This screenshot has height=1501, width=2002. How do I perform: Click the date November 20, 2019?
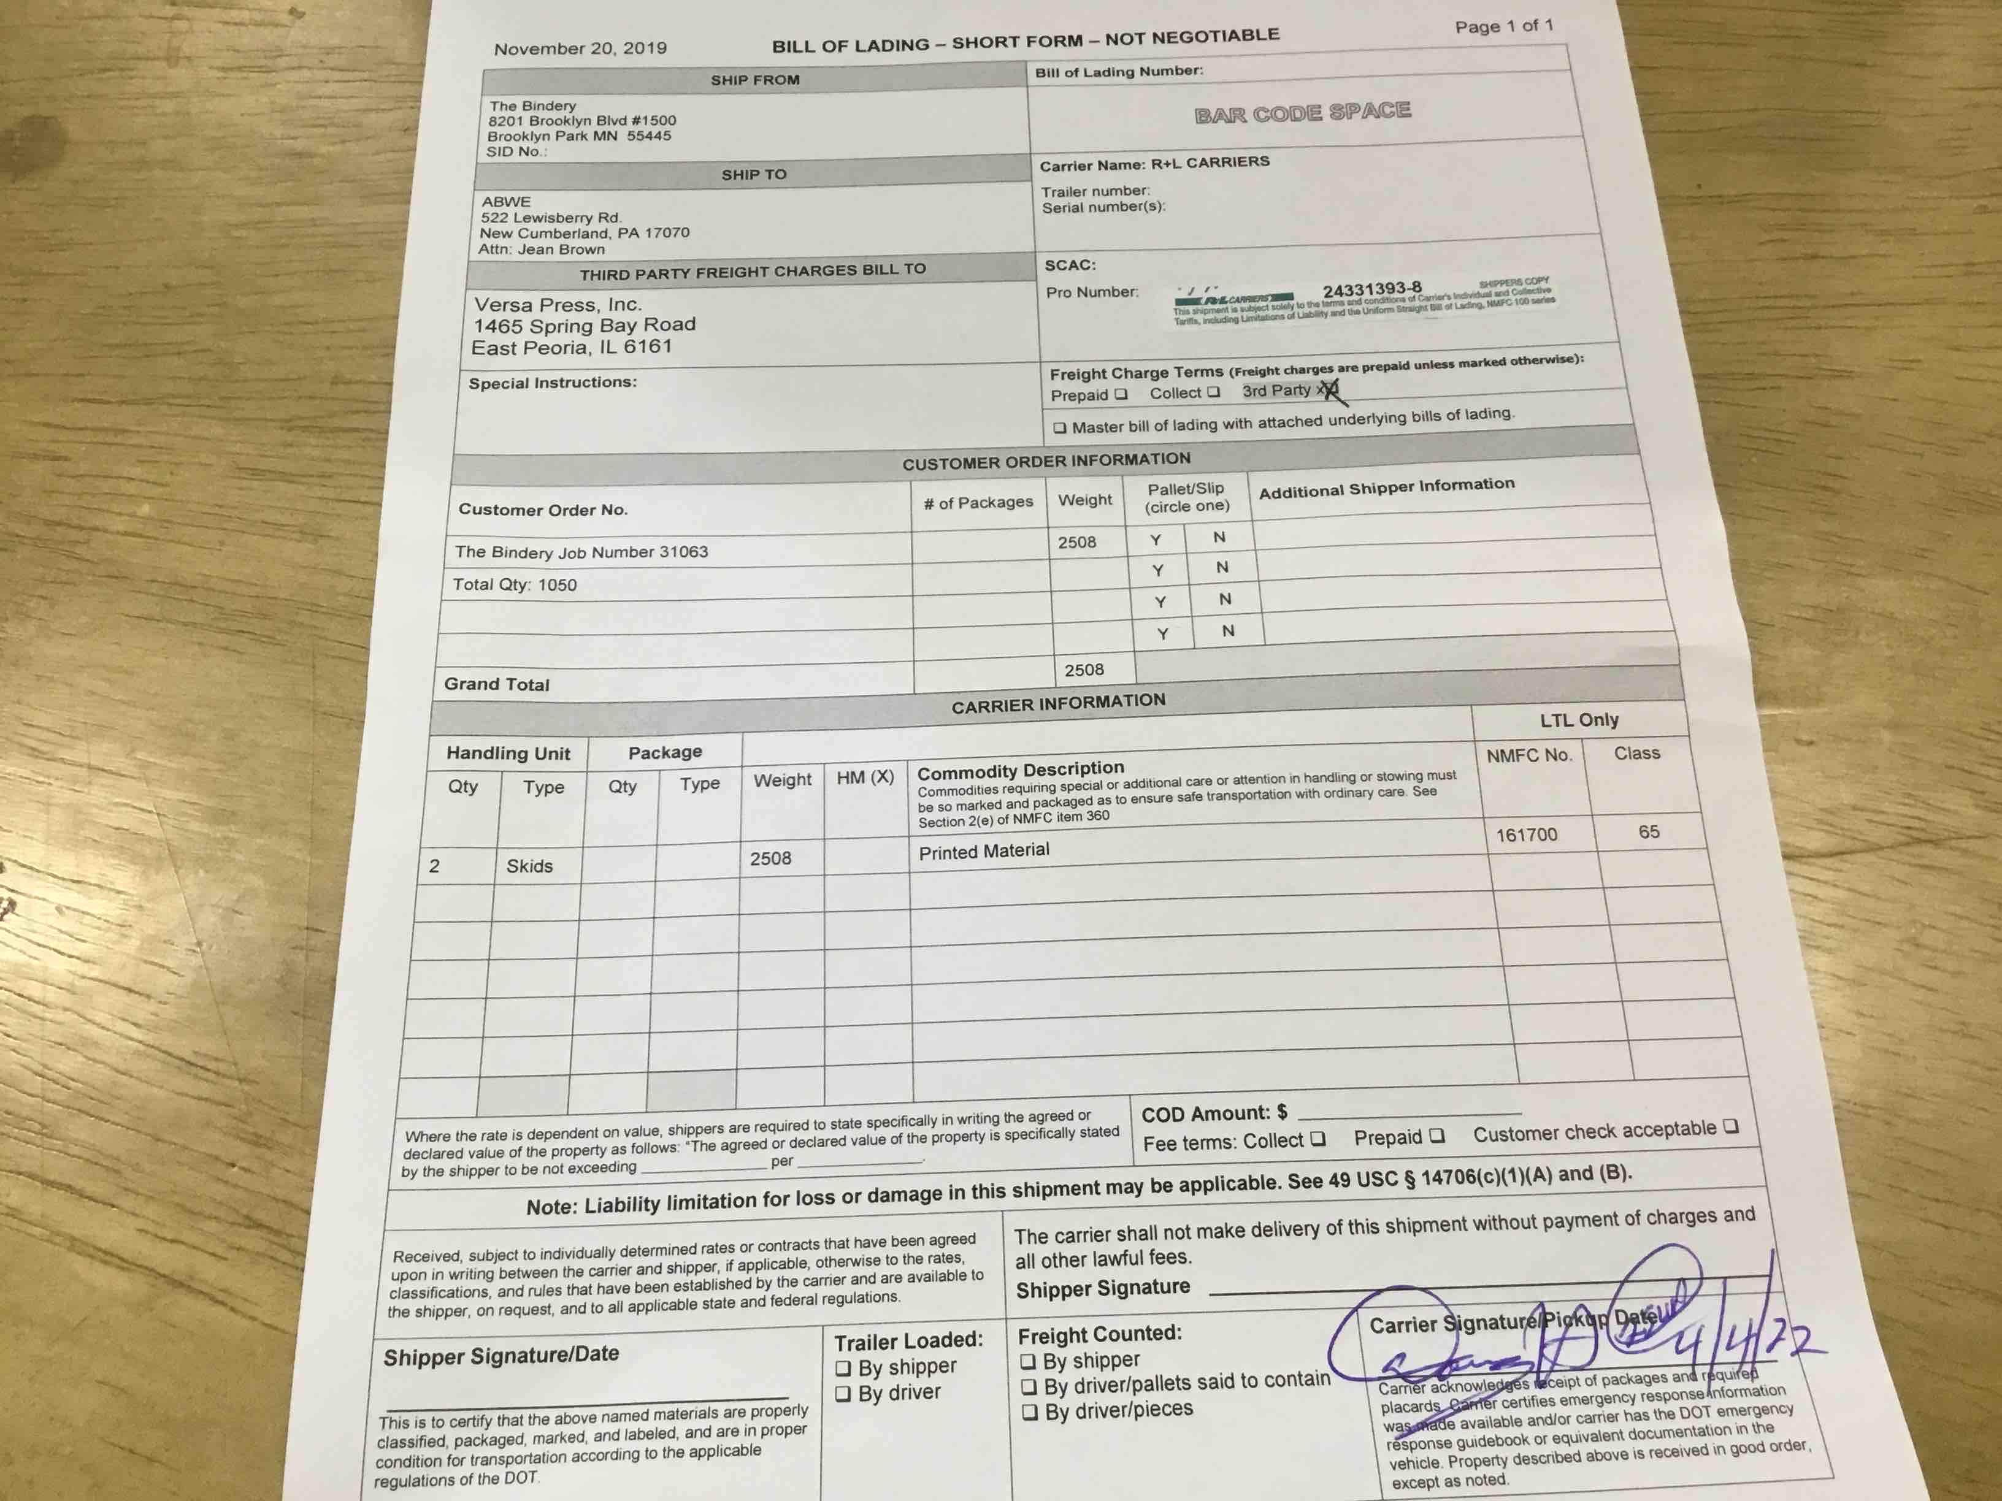[x=580, y=48]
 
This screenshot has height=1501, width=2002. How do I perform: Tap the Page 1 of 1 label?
[x=1503, y=26]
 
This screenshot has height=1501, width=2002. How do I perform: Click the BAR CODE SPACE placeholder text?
[x=1302, y=112]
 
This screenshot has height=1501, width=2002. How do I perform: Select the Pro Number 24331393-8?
[x=1372, y=289]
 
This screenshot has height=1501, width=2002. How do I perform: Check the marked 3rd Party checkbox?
[x=1328, y=390]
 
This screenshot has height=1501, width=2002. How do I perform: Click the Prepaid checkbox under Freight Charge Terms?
[x=1121, y=394]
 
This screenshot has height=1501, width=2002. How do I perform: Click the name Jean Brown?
[x=561, y=249]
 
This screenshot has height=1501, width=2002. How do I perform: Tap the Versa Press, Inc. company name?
[x=558, y=304]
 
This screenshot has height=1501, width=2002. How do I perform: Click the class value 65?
[x=1649, y=831]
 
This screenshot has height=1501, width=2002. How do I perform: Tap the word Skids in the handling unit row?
[x=529, y=866]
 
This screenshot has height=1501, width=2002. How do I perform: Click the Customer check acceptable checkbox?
[x=1730, y=1126]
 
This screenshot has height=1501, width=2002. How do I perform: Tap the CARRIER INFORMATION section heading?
[x=1058, y=703]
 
